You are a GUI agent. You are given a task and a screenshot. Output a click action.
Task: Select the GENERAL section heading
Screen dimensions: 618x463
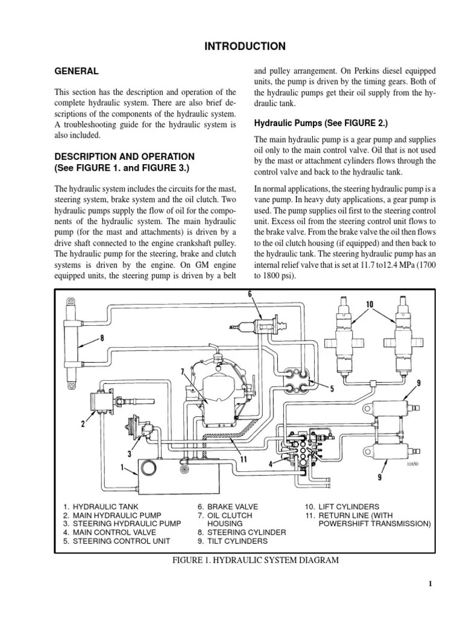pos(77,71)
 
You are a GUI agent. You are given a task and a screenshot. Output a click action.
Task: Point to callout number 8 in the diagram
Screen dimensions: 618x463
pos(101,339)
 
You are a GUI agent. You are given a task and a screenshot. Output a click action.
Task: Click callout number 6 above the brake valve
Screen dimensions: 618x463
pos(249,294)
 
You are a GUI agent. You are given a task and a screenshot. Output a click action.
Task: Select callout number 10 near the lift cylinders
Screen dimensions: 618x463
pos(369,304)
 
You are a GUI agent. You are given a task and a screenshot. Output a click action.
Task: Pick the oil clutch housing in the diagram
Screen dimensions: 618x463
pos(221,393)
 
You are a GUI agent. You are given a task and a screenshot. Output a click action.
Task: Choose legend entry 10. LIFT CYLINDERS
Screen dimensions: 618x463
pos(341,507)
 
